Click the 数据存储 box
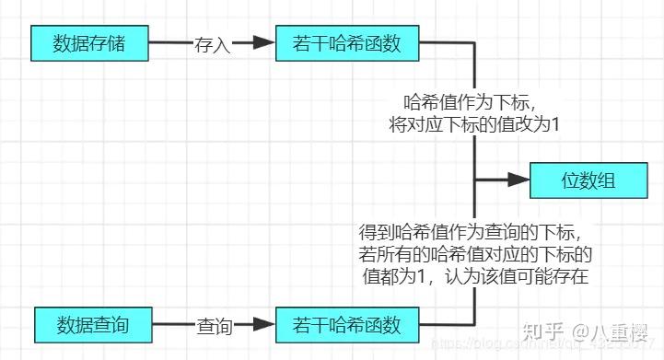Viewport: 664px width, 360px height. tap(89, 42)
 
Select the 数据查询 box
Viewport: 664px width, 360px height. tap(93, 325)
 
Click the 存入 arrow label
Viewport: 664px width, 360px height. tap(212, 43)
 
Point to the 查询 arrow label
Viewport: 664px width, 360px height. tap(214, 326)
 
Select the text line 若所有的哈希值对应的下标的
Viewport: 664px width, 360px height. tap(474, 253)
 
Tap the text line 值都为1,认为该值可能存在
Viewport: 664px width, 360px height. tap(474, 275)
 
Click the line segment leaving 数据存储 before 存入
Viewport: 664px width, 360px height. tap(170, 42)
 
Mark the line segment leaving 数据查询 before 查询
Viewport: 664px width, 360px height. tap(173, 325)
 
